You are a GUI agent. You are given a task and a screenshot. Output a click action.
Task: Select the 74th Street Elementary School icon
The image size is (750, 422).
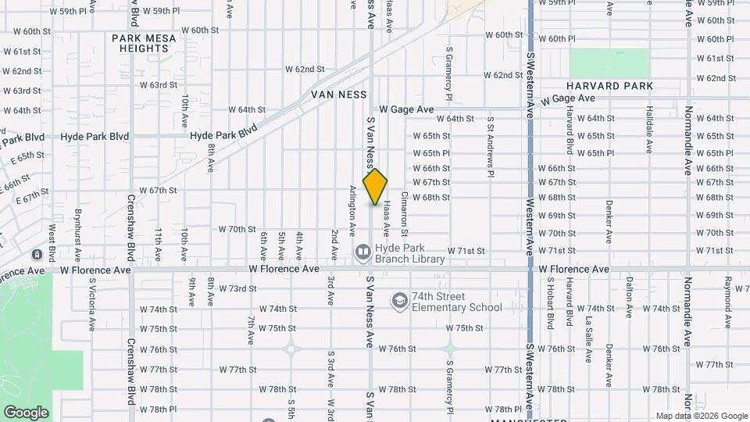point(399,301)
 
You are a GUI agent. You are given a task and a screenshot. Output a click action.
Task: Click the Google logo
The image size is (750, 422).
point(26,412)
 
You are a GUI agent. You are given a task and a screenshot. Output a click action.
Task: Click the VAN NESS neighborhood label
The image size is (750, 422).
point(338,94)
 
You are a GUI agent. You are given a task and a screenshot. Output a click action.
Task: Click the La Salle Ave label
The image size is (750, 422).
point(588,324)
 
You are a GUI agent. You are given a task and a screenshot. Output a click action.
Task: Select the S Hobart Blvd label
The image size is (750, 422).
point(550,303)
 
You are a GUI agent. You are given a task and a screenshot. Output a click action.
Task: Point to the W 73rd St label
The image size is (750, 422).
point(237,288)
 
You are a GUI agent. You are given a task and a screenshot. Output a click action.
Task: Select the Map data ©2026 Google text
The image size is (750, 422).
point(701,416)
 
